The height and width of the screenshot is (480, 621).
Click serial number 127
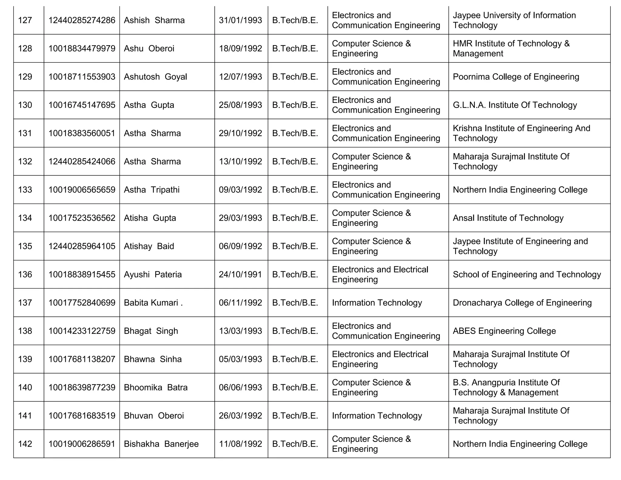pos(25,20)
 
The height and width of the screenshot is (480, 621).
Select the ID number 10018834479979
pos(82,49)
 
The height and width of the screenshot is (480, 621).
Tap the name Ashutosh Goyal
pos(155,77)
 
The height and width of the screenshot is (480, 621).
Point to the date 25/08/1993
pos(240,105)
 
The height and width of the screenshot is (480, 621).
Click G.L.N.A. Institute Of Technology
pos(515,105)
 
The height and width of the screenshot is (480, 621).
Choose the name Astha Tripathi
pos(152,190)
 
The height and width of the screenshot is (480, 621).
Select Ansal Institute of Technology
pos(508,218)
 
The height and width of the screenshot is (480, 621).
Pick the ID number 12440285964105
pos(82,246)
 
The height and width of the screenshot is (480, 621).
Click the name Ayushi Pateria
pos(153,274)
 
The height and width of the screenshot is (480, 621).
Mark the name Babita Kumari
pos(153,303)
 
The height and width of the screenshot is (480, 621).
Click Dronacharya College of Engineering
pos(522,303)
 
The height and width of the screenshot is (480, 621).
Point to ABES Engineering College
pos(504,331)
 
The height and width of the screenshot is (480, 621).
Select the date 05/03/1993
pos(240,359)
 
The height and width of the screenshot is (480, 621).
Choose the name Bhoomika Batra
pos(156,387)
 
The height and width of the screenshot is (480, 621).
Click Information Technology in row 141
pos(377,415)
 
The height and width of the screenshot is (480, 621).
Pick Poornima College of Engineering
pos(516,77)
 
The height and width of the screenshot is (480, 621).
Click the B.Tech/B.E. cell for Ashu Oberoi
pos(295,49)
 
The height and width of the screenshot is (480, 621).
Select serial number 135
pos(25,246)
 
